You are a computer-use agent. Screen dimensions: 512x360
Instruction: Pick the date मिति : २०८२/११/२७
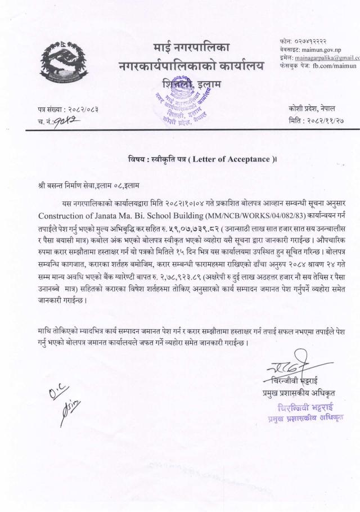322,120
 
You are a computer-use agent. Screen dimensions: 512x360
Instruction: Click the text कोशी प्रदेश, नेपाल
322,107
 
